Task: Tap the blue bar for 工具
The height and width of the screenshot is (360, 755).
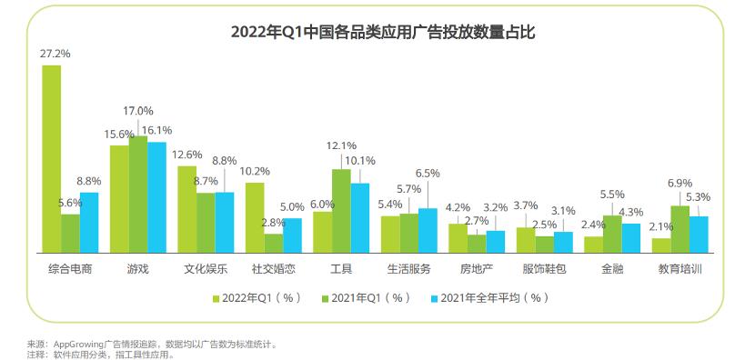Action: [360, 217]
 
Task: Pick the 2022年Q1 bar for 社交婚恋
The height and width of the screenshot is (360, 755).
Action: [256, 217]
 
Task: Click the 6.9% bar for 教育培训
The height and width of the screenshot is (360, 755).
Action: [679, 228]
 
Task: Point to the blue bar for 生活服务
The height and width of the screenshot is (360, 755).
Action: [428, 229]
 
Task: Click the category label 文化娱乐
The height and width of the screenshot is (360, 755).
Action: [206, 269]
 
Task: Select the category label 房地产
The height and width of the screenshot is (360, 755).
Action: [476, 269]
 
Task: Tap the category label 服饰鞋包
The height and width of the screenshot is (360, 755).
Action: [544, 269]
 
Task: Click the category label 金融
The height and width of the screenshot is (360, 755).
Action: [612, 269]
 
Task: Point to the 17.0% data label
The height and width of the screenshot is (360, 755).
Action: [138, 110]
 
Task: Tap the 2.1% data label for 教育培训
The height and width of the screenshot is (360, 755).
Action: [659, 226]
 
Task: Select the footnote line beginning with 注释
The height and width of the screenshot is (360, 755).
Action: [100, 354]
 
